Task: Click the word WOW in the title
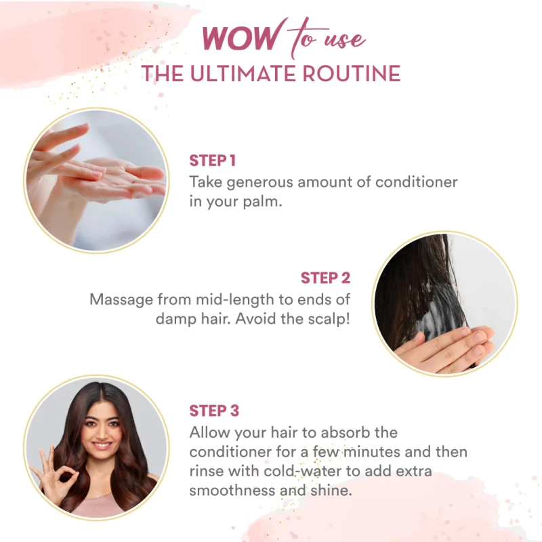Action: click(240, 37)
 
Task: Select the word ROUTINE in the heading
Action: click(351, 74)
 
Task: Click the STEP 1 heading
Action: click(213, 161)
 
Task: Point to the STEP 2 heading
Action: click(325, 278)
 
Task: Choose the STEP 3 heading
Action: click(214, 411)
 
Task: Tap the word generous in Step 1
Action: click(259, 183)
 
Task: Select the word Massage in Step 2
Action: click(121, 300)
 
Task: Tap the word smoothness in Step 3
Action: click(232, 491)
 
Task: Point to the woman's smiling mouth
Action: click(102, 445)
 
